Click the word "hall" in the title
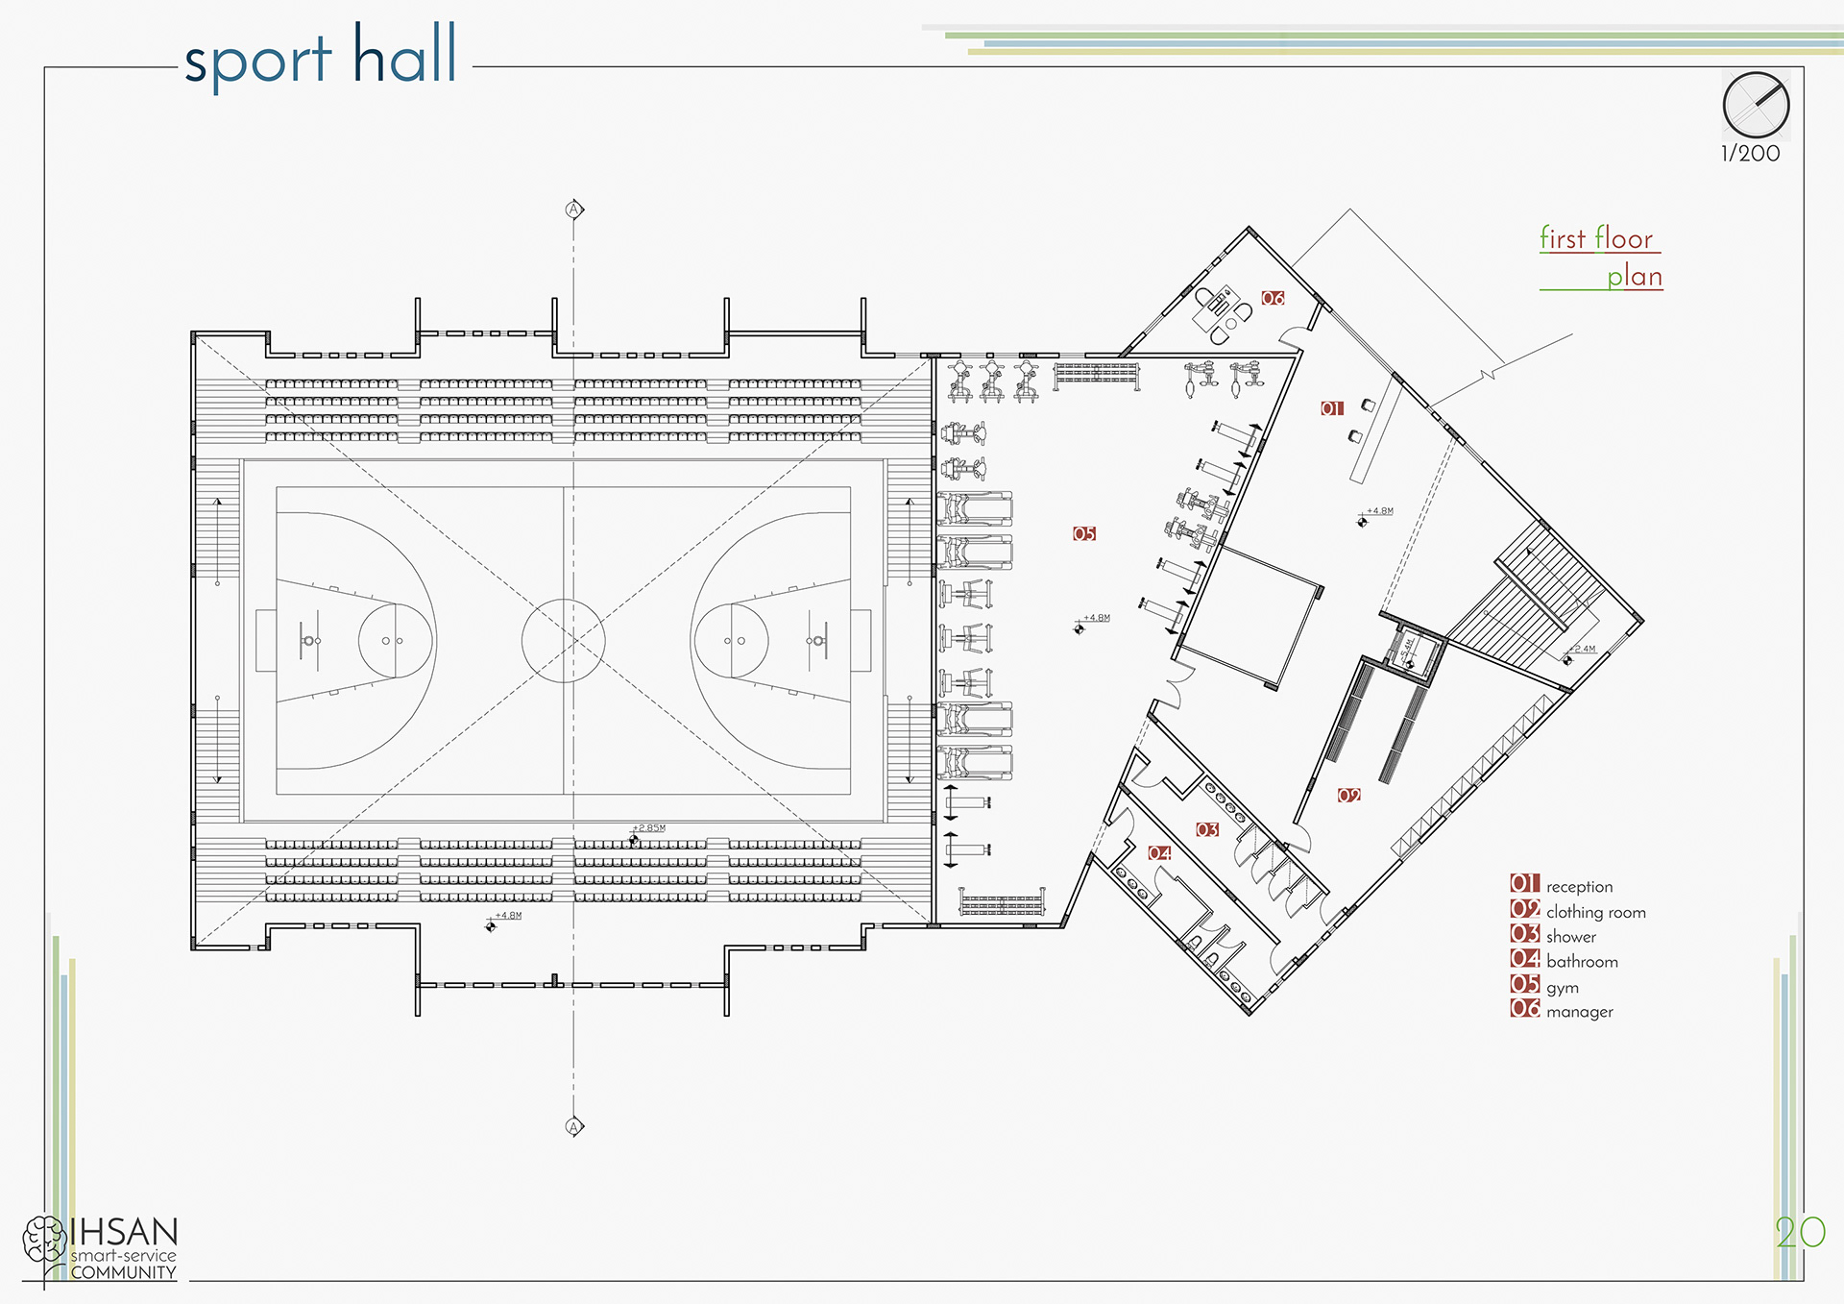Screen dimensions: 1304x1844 point(404,55)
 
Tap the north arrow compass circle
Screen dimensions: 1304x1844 point(1756,105)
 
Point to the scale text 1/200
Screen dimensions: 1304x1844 point(1750,154)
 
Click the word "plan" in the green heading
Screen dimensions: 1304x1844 point(1635,277)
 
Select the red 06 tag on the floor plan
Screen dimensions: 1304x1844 point(1273,298)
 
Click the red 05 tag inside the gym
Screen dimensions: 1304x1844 point(1084,533)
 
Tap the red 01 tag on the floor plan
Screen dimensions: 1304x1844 point(1331,408)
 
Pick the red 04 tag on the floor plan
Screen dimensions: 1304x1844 point(1160,852)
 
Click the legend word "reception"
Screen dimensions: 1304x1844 point(1579,887)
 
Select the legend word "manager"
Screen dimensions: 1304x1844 point(1579,1012)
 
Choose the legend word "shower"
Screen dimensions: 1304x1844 point(1571,937)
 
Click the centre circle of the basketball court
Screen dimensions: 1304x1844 point(564,640)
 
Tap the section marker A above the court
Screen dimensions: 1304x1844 point(574,209)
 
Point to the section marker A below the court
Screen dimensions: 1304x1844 point(574,1126)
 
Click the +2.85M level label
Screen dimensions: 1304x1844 point(649,828)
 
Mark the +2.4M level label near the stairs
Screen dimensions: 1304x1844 point(1582,650)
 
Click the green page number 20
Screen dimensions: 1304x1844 point(1799,1233)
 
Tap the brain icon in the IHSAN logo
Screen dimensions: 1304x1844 point(44,1239)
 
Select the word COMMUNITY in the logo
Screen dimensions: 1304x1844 point(123,1273)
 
